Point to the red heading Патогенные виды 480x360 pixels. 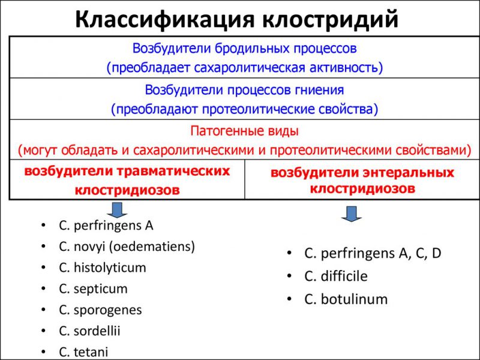coord(244,130)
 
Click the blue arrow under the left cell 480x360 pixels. coord(117,209)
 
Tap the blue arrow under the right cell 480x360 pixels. coord(352,213)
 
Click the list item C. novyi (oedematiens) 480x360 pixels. coord(127,246)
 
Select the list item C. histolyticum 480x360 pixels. coord(102,267)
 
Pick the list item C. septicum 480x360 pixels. coord(93,289)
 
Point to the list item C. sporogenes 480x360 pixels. coord(100,310)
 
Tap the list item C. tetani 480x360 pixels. coord(84,352)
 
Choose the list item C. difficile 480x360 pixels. coord(335,276)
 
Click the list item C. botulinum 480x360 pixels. coord(346,298)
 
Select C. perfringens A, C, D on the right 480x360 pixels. coord(373,253)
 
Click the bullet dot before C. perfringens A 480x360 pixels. coord(44,226)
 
